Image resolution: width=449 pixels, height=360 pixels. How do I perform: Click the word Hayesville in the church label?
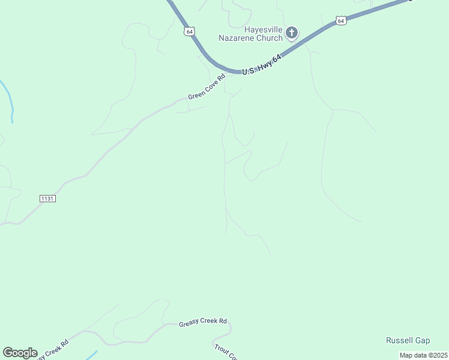point(263,29)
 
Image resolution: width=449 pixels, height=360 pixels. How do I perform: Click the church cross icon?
point(292,32)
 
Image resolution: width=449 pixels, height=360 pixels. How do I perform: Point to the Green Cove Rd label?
point(206,88)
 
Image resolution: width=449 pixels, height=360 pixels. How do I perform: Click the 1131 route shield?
point(48,198)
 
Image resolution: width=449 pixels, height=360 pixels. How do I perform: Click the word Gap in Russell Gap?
point(423,341)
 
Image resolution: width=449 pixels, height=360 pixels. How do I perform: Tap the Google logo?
point(20,353)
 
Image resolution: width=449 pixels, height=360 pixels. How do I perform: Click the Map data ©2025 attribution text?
point(424,355)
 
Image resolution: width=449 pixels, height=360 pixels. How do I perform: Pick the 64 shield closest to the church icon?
point(341,20)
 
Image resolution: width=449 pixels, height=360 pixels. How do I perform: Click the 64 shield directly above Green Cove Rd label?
point(190,31)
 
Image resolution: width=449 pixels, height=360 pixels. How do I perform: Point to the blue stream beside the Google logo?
point(91,355)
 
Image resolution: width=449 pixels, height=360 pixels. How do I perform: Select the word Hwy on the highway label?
point(262,64)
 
